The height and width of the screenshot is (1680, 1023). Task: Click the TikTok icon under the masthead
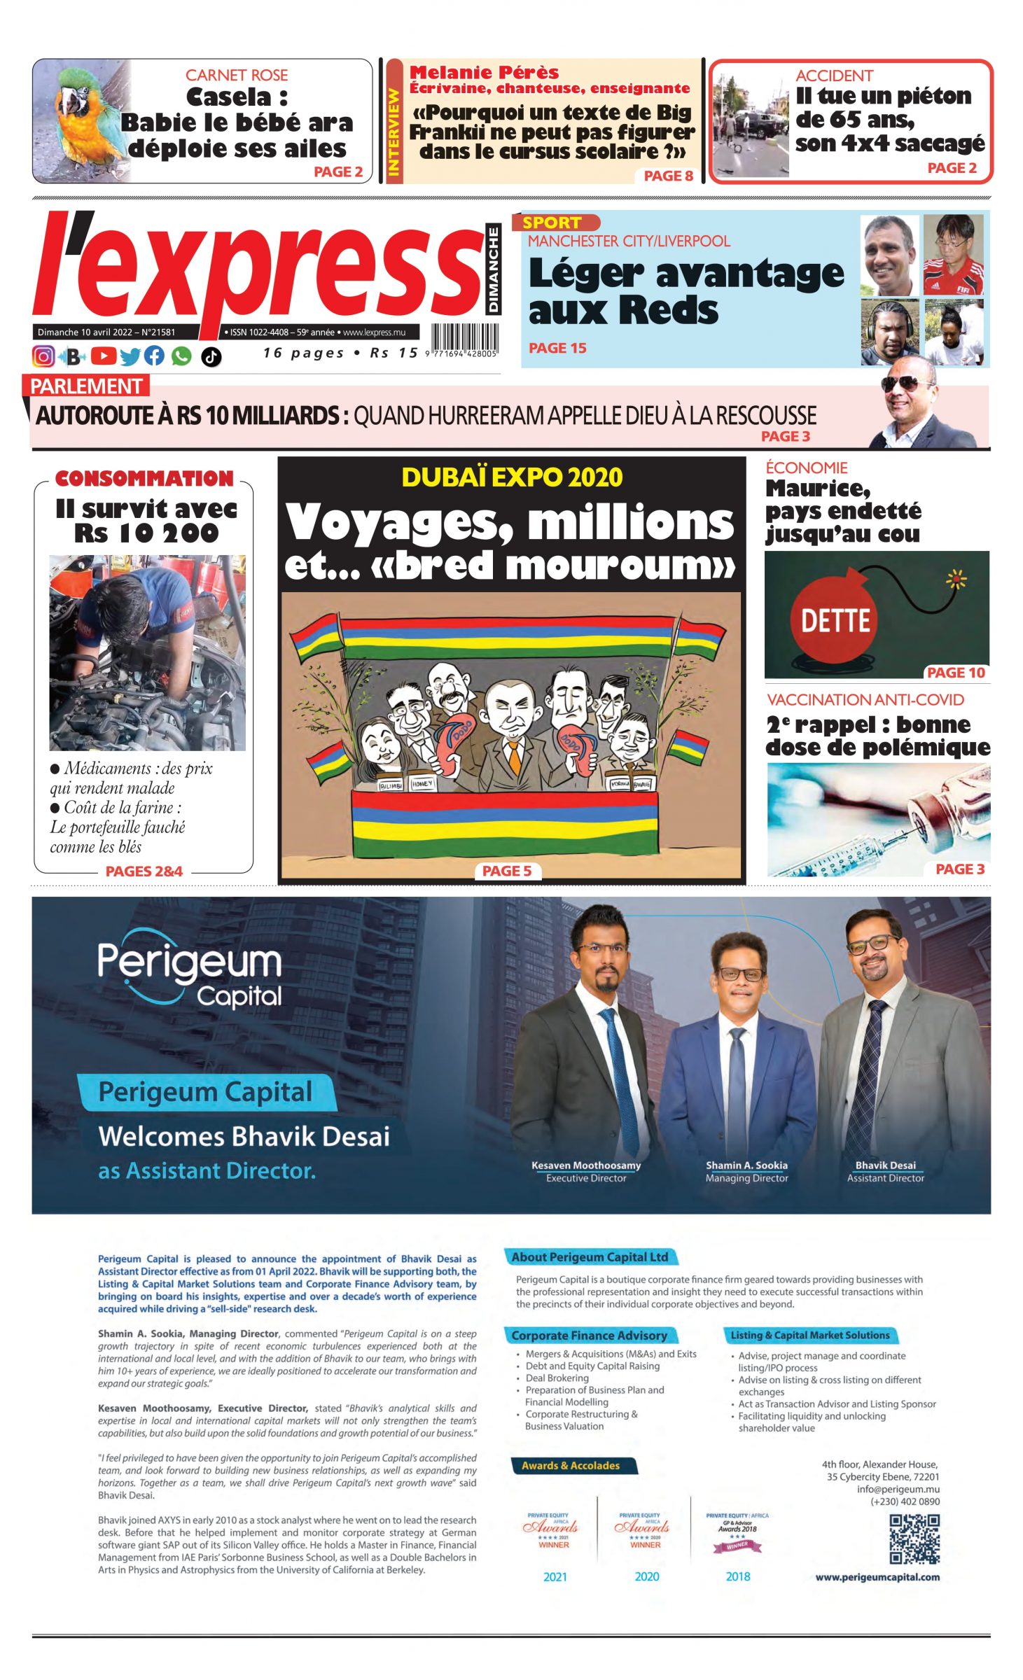(x=211, y=357)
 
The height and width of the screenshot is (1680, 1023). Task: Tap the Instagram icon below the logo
(x=43, y=356)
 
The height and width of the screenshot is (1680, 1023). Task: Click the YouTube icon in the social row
(x=103, y=356)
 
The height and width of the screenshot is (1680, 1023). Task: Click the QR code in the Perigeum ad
(x=914, y=1539)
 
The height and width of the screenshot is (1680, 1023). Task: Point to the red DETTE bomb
(x=835, y=619)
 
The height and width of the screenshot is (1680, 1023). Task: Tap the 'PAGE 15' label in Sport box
(x=557, y=348)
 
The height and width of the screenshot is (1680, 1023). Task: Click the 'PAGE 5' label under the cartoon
(x=506, y=871)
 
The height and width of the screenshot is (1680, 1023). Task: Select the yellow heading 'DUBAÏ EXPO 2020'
(x=512, y=477)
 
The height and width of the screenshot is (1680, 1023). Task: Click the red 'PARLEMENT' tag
(x=86, y=386)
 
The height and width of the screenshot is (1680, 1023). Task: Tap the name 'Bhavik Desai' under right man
(x=885, y=1165)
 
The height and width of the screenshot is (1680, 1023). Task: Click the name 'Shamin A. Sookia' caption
(x=746, y=1165)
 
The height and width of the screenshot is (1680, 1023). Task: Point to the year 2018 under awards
(x=737, y=1576)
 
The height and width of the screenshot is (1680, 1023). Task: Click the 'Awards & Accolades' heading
(x=570, y=1465)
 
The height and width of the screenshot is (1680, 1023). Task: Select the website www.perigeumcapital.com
(x=877, y=1577)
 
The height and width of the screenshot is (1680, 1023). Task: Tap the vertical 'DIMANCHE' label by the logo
(x=494, y=269)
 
